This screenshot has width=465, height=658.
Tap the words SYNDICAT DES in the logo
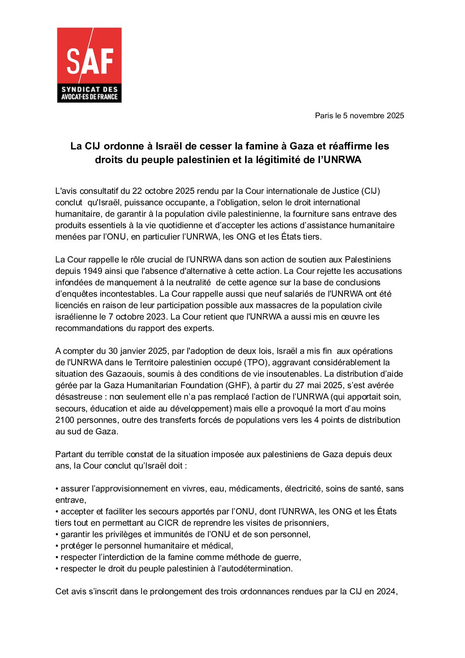pos(89,89)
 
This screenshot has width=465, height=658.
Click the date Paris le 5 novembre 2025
pos(359,116)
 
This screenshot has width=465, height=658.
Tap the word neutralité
pos(191,283)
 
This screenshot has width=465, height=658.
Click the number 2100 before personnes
pos(65,420)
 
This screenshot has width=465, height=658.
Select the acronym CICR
pos(168,523)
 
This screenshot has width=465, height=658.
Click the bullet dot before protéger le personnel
pos(57,546)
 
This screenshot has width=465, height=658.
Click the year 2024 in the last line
pos(386,592)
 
